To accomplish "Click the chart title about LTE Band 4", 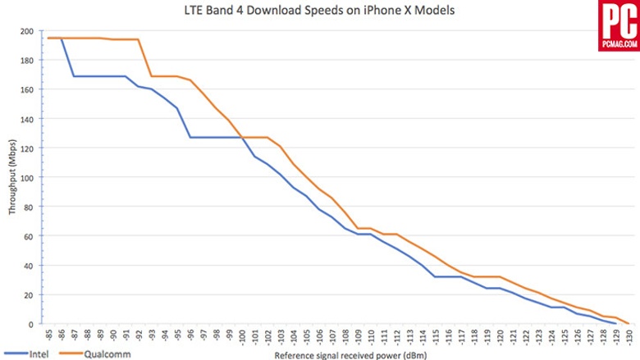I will [320, 11].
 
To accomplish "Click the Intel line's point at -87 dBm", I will [75, 76].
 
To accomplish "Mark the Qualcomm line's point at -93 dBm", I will [151, 76].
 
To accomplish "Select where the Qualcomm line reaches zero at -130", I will [628, 323].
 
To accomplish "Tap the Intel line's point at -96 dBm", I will [190, 137].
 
